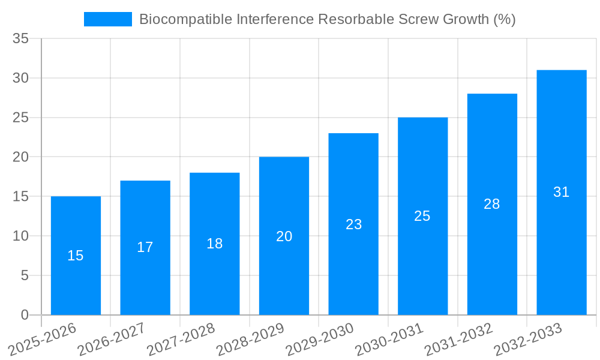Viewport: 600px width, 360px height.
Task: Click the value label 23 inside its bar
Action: [354, 224]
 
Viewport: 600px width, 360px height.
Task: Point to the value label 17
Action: [145, 247]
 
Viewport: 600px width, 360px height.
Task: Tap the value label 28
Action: [492, 204]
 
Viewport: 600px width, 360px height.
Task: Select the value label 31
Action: [562, 192]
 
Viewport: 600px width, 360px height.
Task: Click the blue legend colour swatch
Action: [108, 19]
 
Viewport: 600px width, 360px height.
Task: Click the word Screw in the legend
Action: [418, 19]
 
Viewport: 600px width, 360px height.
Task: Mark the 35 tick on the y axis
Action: [21, 39]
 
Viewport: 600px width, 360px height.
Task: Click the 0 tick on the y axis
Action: [25, 315]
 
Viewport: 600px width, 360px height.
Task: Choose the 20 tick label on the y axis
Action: [21, 157]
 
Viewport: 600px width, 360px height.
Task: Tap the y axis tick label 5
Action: [25, 275]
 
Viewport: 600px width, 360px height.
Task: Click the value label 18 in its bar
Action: [215, 244]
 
